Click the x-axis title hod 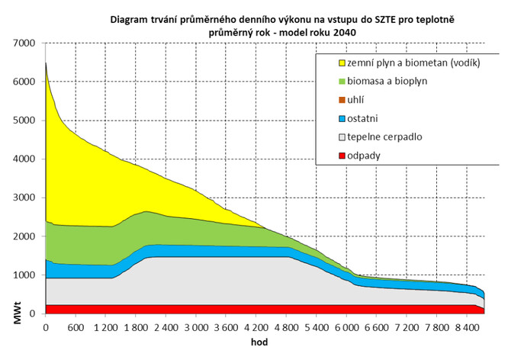pos(261,342)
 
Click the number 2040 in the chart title pos(343,32)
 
